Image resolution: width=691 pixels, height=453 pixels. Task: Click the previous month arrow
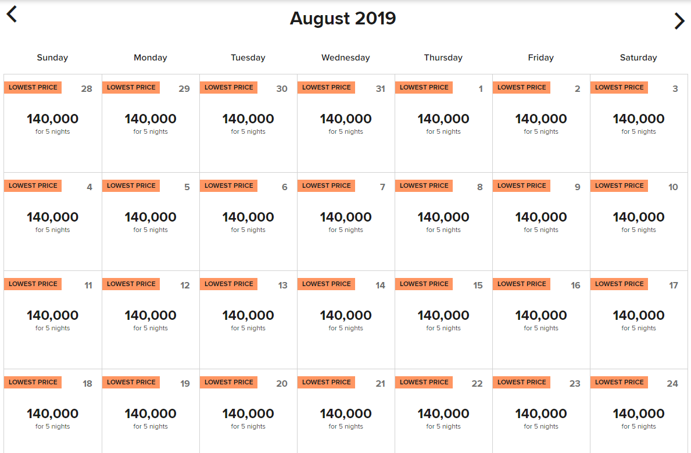tap(12, 14)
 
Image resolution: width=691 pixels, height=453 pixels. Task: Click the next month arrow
tap(679, 21)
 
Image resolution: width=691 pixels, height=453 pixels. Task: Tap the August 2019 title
tap(343, 19)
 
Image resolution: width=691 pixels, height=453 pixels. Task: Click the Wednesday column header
tap(345, 58)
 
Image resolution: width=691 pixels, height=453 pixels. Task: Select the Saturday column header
tap(638, 58)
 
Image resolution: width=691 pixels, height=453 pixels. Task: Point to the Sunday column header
tap(52, 58)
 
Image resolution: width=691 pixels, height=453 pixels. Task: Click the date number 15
tap(478, 286)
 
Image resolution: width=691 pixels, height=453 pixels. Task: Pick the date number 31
tap(380, 89)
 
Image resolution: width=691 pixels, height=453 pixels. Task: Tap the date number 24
tap(672, 384)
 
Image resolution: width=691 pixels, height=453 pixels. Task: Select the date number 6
tap(284, 187)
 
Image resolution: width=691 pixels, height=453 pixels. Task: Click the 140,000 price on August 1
tap(443, 119)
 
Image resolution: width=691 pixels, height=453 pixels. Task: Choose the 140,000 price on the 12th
tap(150, 316)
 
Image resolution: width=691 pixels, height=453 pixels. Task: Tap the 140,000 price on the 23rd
tap(540, 414)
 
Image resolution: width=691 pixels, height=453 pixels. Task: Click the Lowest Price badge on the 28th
tap(33, 87)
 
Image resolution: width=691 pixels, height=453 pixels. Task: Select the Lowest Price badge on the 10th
tap(619, 186)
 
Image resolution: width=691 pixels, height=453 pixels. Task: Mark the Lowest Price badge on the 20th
tap(228, 382)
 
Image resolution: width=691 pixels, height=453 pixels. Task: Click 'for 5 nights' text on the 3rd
tap(638, 132)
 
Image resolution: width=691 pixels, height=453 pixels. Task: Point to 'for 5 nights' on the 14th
tap(345, 329)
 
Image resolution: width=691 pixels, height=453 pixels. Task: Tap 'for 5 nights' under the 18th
tap(52, 427)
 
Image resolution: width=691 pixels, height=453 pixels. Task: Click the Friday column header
tap(540, 58)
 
